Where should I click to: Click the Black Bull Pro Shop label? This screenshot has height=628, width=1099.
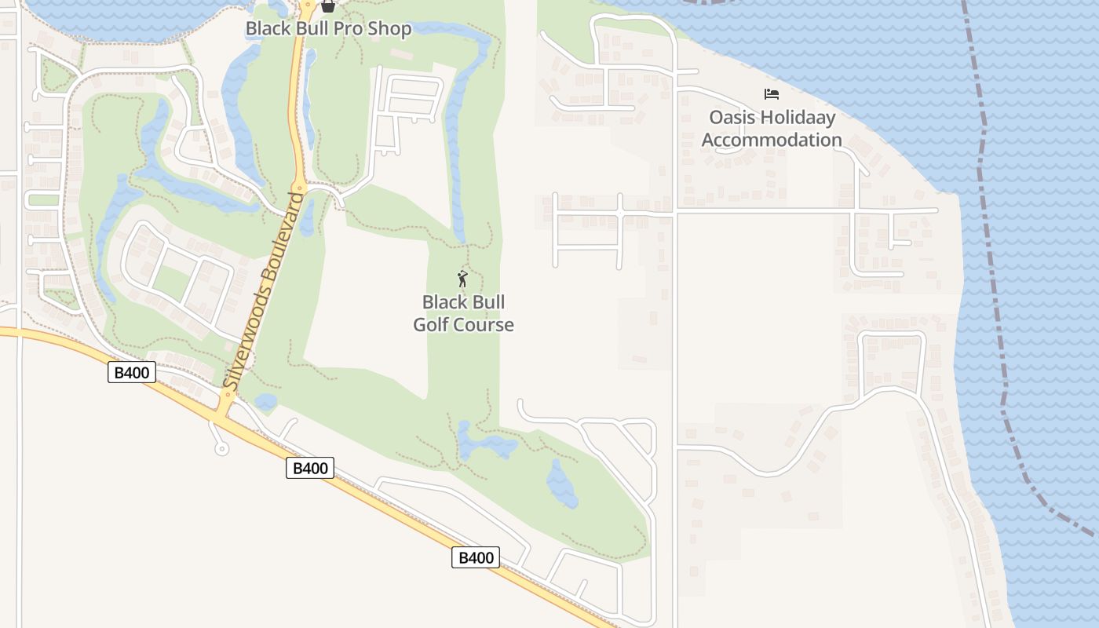(328, 29)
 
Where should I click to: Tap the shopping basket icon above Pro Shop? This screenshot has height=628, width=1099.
(328, 6)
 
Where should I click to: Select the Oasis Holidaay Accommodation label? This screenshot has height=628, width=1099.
(772, 129)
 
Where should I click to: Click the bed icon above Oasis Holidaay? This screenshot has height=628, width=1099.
(772, 94)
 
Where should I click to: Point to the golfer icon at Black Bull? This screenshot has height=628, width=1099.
(462, 279)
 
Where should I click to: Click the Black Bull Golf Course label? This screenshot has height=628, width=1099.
(464, 313)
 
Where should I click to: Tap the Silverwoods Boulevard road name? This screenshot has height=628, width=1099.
(264, 290)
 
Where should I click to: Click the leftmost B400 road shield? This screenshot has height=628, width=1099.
(132, 372)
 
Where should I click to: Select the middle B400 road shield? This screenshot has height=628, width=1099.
(310, 469)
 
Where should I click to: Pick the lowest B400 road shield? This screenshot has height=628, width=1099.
(476, 557)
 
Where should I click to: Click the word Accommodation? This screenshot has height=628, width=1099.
(772, 141)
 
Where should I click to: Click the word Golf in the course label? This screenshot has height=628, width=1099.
(432, 325)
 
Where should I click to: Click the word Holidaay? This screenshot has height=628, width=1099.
(798, 118)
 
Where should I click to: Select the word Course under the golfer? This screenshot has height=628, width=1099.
(484, 325)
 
